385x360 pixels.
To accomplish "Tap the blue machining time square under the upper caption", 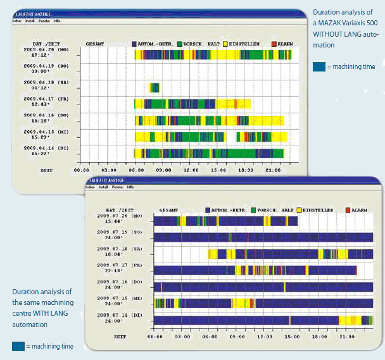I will point(320,66).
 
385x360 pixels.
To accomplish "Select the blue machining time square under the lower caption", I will point(19,346).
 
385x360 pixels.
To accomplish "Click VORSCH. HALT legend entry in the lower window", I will point(273,209).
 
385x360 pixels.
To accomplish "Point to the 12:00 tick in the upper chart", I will point(190,170).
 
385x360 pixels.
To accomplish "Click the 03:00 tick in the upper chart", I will point(108,170).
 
